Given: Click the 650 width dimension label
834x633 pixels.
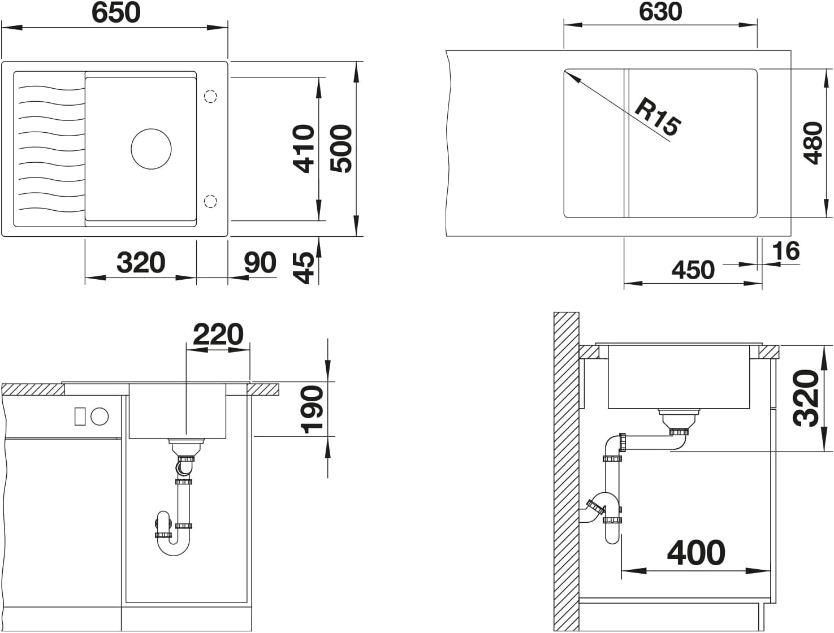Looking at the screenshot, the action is pyautogui.click(x=116, y=13).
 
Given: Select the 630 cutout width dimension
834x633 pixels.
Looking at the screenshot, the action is pyautogui.click(x=660, y=12).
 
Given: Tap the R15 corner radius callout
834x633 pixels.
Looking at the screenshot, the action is pyautogui.click(x=658, y=117).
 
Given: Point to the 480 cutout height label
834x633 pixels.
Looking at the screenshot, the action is pyautogui.click(x=813, y=143).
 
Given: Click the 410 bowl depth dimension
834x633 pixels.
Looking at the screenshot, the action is pyautogui.click(x=304, y=149).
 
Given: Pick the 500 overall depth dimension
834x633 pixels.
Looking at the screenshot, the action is pyautogui.click(x=341, y=149).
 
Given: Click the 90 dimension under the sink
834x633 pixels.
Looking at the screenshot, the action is pyautogui.click(x=260, y=262).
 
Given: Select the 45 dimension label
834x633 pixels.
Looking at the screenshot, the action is pyautogui.click(x=304, y=268).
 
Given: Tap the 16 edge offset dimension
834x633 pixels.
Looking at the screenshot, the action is pyautogui.click(x=786, y=251).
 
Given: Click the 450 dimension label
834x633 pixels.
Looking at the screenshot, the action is pyautogui.click(x=693, y=270).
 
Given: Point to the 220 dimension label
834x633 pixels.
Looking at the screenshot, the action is pyautogui.click(x=218, y=334).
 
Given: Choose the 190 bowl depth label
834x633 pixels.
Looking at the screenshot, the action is pyautogui.click(x=312, y=410).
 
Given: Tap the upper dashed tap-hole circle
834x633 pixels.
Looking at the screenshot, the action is pyautogui.click(x=210, y=97).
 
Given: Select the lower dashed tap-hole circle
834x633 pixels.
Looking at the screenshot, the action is pyautogui.click(x=210, y=201).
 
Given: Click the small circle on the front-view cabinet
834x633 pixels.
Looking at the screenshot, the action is pyautogui.click(x=100, y=416).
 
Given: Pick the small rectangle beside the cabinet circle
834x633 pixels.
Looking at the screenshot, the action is pyautogui.click(x=80, y=416).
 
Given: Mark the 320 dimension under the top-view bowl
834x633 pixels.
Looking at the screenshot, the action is pyautogui.click(x=141, y=262).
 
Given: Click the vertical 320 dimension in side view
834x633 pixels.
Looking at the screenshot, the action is pyautogui.click(x=806, y=398).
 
